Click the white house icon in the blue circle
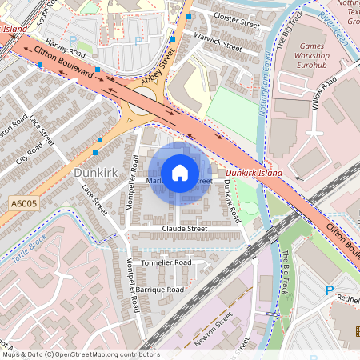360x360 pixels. (x=180, y=172)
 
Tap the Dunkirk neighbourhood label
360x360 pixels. (x=96, y=172)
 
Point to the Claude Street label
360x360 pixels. (x=185, y=229)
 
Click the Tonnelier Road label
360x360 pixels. (x=165, y=262)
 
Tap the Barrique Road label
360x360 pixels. (x=159, y=289)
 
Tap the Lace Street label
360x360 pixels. (x=94, y=199)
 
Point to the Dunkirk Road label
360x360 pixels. (x=230, y=200)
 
